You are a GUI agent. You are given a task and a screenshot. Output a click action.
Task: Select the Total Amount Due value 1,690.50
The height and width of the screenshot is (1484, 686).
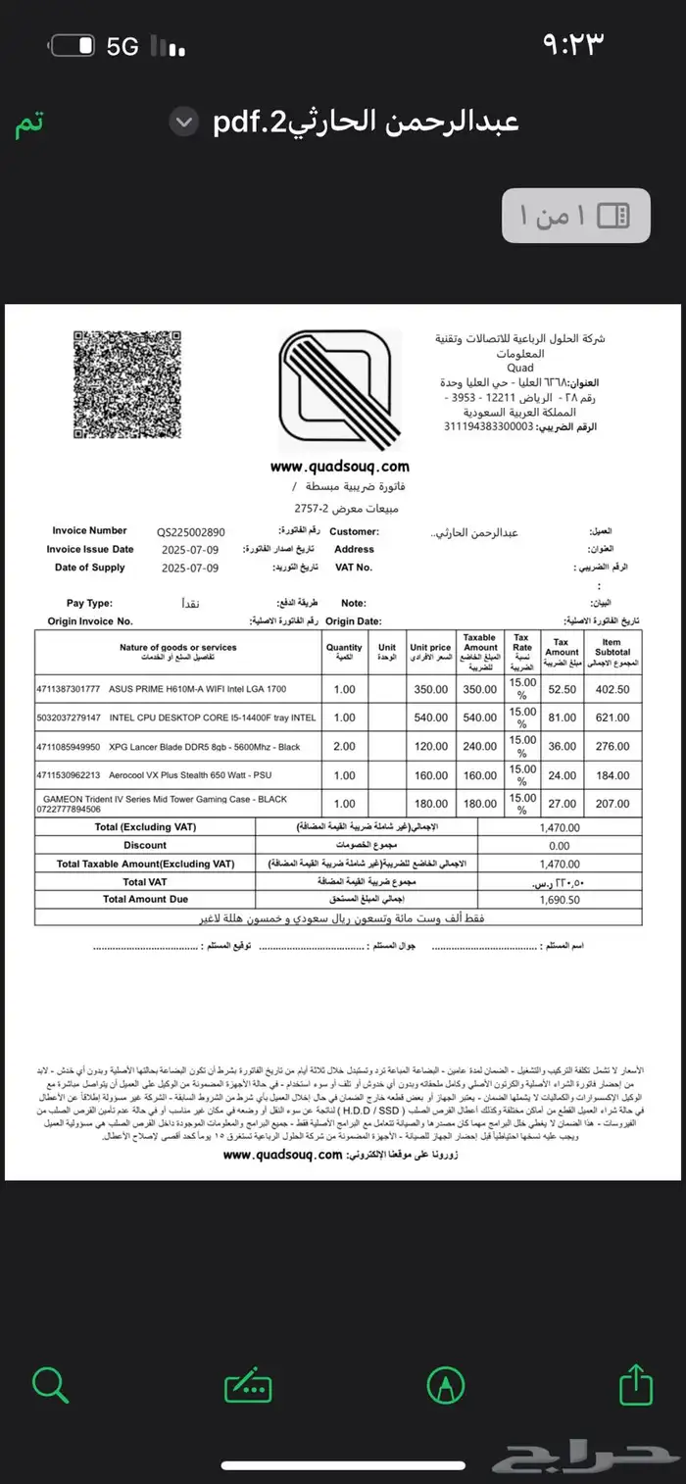click(560, 899)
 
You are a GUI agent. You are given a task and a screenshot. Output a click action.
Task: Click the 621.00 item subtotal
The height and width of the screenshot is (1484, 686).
click(612, 717)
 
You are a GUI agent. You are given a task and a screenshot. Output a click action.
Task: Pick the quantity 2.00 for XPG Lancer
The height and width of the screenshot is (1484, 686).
click(344, 746)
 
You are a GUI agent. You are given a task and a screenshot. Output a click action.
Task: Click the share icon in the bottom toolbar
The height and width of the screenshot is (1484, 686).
click(636, 1385)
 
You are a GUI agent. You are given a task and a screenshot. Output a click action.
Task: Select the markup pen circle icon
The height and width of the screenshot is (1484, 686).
click(446, 1385)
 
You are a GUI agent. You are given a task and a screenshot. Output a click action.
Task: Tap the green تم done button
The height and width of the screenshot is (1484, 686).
click(28, 124)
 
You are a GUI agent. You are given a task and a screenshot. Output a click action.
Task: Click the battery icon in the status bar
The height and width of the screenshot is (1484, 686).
click(73, 46)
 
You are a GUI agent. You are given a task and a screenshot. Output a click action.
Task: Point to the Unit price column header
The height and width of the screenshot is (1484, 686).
click(430, 648)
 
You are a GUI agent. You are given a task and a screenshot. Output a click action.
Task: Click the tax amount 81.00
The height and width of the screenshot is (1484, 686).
click(562, 717)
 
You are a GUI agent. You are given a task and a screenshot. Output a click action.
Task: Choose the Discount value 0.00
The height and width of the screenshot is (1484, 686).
click(560, 845)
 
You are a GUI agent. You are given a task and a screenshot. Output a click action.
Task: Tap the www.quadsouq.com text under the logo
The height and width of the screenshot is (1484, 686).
click(339, 467)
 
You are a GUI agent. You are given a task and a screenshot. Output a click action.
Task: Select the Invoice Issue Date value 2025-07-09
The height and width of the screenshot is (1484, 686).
click(190, 550)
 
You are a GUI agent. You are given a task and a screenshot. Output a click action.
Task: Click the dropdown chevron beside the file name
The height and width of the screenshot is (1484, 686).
click(183, 123)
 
